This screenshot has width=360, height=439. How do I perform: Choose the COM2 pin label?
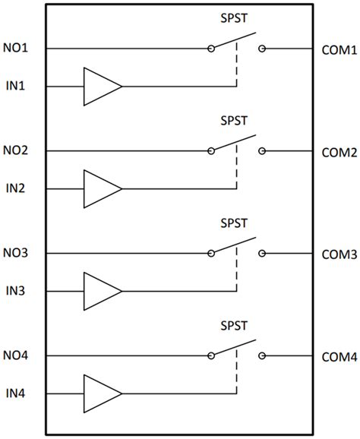coord(339,153)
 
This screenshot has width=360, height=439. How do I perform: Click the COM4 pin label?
coord(339,357)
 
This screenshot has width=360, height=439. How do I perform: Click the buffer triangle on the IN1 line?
coord(99,86)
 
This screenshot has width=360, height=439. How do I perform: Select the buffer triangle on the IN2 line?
coord(99,188)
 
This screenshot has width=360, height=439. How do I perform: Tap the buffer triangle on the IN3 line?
coord(99,291)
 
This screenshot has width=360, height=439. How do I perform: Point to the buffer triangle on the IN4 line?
coord(99,393)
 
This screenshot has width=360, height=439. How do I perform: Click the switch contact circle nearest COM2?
coord(262,151)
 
